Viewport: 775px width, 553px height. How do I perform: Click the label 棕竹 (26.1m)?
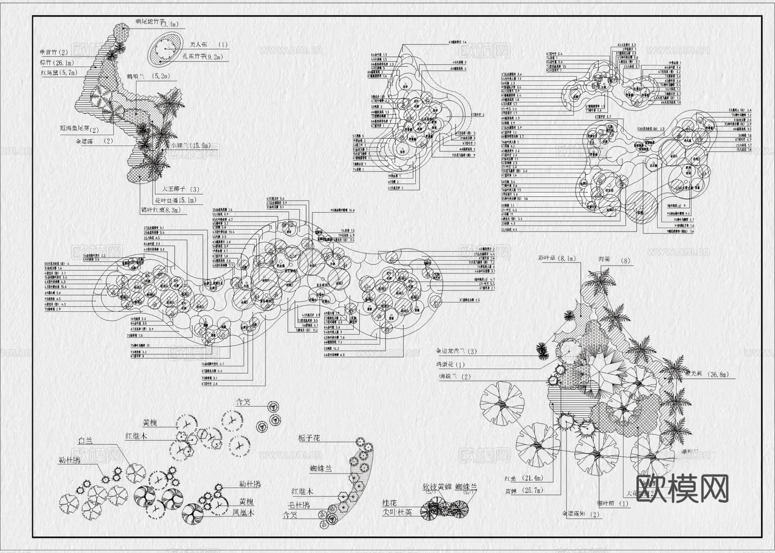(x=57, y=63)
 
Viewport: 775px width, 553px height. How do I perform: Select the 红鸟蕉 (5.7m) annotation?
(x=59, y=73)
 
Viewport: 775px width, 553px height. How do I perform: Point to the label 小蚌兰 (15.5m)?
(x=191, y=146)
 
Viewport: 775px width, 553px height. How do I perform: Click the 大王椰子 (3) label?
(x=180, y=189)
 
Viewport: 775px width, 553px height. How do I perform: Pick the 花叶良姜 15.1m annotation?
(x=176, y=200)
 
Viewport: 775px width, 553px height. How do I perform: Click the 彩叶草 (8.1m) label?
(x=556, y=259)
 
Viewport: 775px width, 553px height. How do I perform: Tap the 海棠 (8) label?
(x=614, y=260)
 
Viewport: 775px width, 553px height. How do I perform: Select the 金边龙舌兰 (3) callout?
(x=456, y=352)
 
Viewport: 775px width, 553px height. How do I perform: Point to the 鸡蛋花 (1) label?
(x=451, y=365)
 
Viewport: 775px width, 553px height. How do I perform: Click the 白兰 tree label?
(x=85, y=441)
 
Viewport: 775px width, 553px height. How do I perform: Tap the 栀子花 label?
(x=309, y=438)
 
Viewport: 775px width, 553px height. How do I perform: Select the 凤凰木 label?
(x=244, y=513)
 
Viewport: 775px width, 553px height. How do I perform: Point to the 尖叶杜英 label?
(x=397, y=513)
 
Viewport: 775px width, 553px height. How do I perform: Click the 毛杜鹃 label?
(x=299, y=505)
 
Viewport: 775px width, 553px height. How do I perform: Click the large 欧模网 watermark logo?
(x=682, y=488)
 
